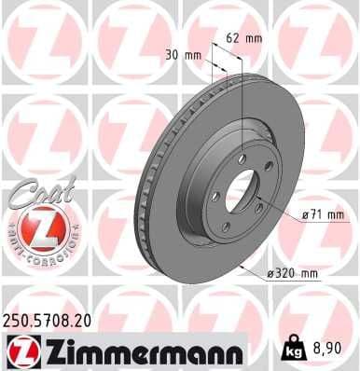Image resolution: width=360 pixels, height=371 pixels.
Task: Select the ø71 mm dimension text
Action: (x=323, y=214)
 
